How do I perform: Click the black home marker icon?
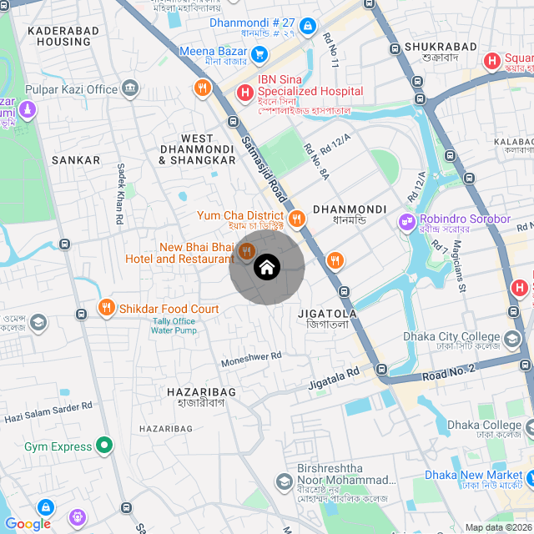pos(267,268)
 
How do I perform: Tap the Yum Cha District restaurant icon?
pos(297,219)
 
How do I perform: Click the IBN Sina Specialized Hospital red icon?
pos(245,91)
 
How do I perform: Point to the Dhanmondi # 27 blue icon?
pos(308,26)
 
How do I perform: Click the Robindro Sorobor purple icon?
pos(406,223)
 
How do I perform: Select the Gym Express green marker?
pos(104,446)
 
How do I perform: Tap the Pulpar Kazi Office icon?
pos(129,88)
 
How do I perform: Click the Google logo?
pos(28,523)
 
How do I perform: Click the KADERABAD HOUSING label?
pos(63,36)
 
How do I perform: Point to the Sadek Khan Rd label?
pos(121,193)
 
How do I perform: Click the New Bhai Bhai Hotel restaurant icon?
pos(246,251)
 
